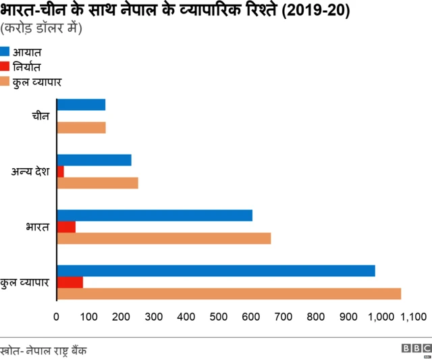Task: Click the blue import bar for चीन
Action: coord(81,105)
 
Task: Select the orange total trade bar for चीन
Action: coord(81,128)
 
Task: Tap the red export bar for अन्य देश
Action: coord(61,172)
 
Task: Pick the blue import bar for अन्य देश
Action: coord(94,160)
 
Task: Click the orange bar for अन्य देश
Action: coord(97,183)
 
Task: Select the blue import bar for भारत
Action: coord(155,215)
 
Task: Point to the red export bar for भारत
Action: coord(66,227)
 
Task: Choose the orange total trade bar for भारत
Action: coord(164,238)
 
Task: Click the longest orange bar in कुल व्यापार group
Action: coord(229,294)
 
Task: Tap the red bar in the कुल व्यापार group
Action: coord(70,282)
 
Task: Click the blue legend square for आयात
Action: coord(5,51)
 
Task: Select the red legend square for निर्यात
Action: coord(5,66)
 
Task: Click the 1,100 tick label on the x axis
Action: coord(414,316)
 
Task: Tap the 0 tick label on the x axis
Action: coord(57,316)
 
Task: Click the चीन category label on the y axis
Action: coord(40,116)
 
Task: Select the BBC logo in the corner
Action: coord(416,349)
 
